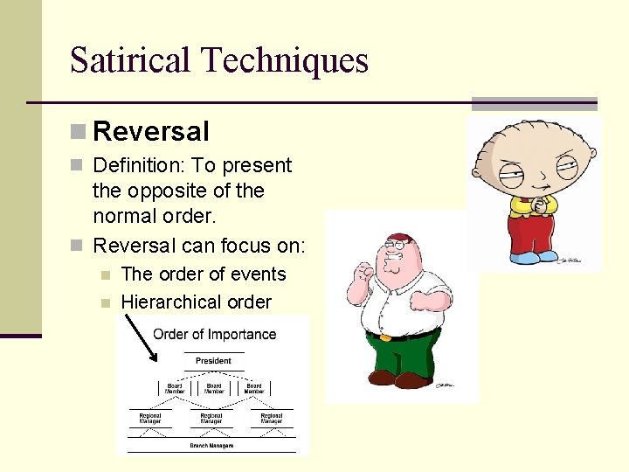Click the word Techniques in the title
(x=285, y=60)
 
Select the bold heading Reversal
(x=151, y=132)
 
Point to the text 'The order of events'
(x=204, y=274)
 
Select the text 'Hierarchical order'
(x=196, y=302)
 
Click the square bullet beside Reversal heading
(x=78, y=132)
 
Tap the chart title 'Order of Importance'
(x=214, y=334)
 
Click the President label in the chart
(x=213, y=360)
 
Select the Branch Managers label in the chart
(x=211, y=445)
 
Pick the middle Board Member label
(x=214, y=388)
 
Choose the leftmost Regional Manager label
(x=150, y=419)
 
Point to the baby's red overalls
(x=532, y=231)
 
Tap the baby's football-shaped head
(x=533, y=157)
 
